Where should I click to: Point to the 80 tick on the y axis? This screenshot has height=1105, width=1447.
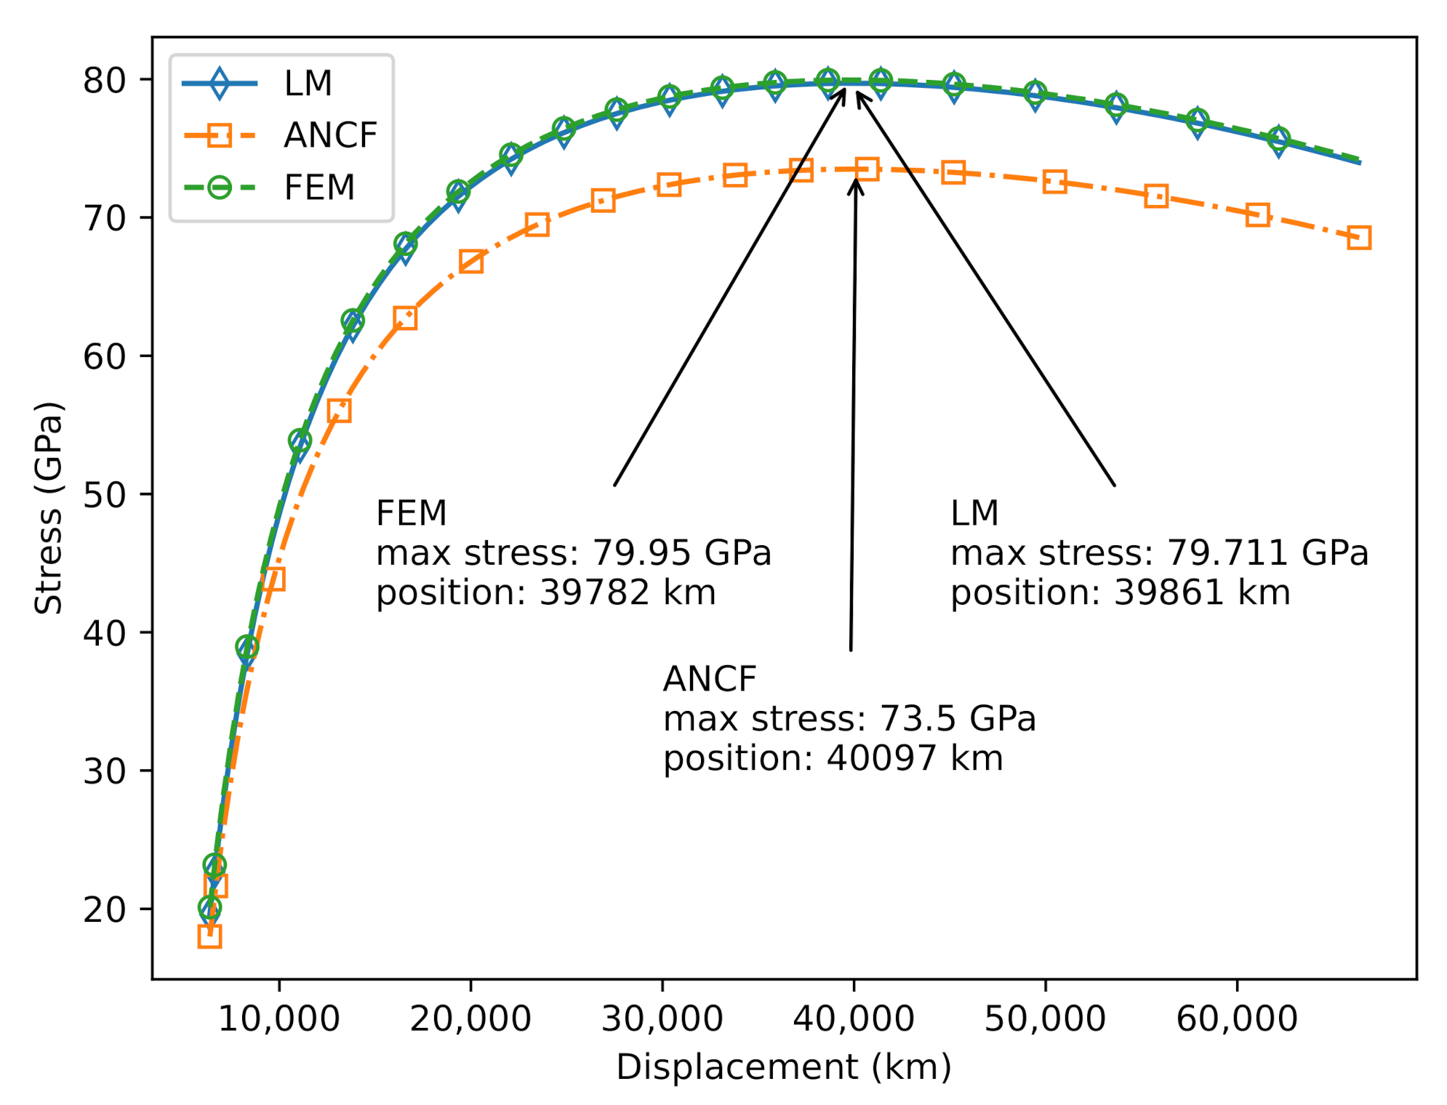(x=104, y=80)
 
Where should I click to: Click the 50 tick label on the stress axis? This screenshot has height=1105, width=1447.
(x=104, y=495)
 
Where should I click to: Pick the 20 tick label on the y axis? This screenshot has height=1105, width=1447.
(x=104, y=909)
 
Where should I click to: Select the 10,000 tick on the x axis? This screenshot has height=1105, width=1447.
(x=278, y=1018)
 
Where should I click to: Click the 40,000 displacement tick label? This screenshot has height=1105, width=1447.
(x=853, y=1018)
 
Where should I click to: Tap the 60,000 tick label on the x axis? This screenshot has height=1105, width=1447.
(x=1236, y=1018)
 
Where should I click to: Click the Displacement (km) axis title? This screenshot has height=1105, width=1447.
(x=783, y=1067)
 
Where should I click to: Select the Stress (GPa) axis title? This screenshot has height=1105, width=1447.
(x=49, y=507)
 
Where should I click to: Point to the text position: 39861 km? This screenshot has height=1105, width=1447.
(x=1120, y=592)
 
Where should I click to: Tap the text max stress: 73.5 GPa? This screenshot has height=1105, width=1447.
(x=849, y=719)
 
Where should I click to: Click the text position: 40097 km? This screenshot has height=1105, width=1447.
(x=833, y=758)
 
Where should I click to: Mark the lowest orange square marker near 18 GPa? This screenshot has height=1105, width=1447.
(x=209, y=936)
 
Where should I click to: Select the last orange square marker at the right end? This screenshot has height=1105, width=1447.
(x=1358, y=238)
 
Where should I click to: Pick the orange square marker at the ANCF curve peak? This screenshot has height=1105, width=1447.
(x=866, y=169)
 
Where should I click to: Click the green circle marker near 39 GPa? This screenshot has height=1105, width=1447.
(x=247, y=647)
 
